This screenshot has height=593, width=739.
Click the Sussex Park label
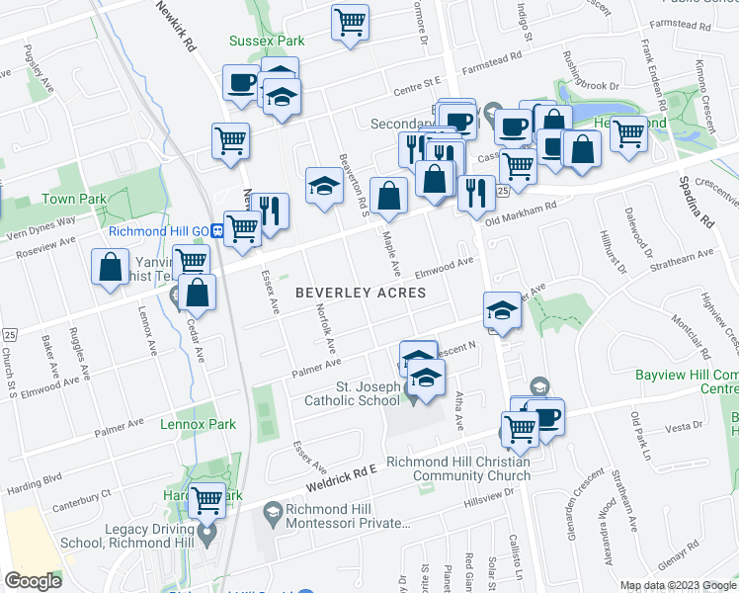point(266,42)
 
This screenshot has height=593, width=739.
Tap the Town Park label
point(73,199)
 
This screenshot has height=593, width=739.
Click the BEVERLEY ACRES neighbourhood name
point(361,293)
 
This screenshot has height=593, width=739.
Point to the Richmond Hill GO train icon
point(215,231)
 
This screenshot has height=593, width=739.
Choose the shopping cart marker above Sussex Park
point(350,21)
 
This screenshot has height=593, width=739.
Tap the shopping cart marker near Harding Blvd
point(207,499)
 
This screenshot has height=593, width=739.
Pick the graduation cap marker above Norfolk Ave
point(323,186)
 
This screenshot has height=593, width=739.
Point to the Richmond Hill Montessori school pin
point(272,511)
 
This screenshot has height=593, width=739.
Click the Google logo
point(33,580)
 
